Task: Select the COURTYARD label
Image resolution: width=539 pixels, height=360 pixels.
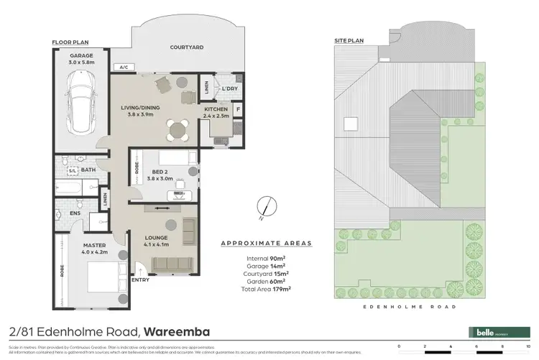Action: tap(187, 47)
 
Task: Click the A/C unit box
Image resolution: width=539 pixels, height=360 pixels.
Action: tap(124, 68)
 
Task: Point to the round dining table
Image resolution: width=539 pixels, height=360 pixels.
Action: tap(177, 130)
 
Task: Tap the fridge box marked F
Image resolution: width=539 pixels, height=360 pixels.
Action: tap(238, 110)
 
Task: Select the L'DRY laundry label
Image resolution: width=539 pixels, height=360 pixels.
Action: tap(230, 88)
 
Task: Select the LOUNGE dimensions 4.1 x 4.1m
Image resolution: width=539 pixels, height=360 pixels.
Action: tap(156, 244)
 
